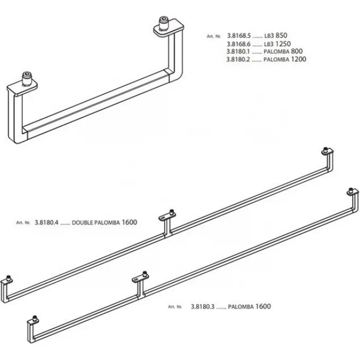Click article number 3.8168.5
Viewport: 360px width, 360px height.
pyautogui.click(x=239, y=36)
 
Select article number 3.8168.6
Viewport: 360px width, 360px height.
pyautogui.click(x=239, y=44)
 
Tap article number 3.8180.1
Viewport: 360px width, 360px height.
pyautogui.click(x=238, y=51)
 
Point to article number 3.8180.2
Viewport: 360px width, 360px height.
pyautogui.click(x=238, y=59)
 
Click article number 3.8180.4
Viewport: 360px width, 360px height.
pyautogui.click(x=47, y=222)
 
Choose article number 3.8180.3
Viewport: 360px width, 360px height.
pyautogui.click(x=202, y=307)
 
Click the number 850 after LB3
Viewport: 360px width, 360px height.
pyautogui.click(x=281, y=35)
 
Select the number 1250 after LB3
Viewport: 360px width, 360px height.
pyautogui.click(x=283, y=43)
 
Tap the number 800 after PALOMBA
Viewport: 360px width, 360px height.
pyautogui.click(x=296, y=51)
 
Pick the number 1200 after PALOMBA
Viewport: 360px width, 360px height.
pyautogui.click(x=299, y=59)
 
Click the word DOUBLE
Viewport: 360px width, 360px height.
pyautogui.click(x=83, y=223)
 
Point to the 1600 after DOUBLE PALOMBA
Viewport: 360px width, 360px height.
pyautogui.click(x=129, y=222)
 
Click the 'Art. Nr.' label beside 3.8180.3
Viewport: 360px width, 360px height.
pyautogui.click(x=175, y=307)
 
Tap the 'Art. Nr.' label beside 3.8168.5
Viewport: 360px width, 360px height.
pyautogui.click(x=213, y=37)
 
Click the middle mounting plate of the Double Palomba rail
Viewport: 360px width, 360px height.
pyautogui.click(x=167, y=216)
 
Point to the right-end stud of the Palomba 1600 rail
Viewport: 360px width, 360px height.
pyautogui.click(x=351, y=191)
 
